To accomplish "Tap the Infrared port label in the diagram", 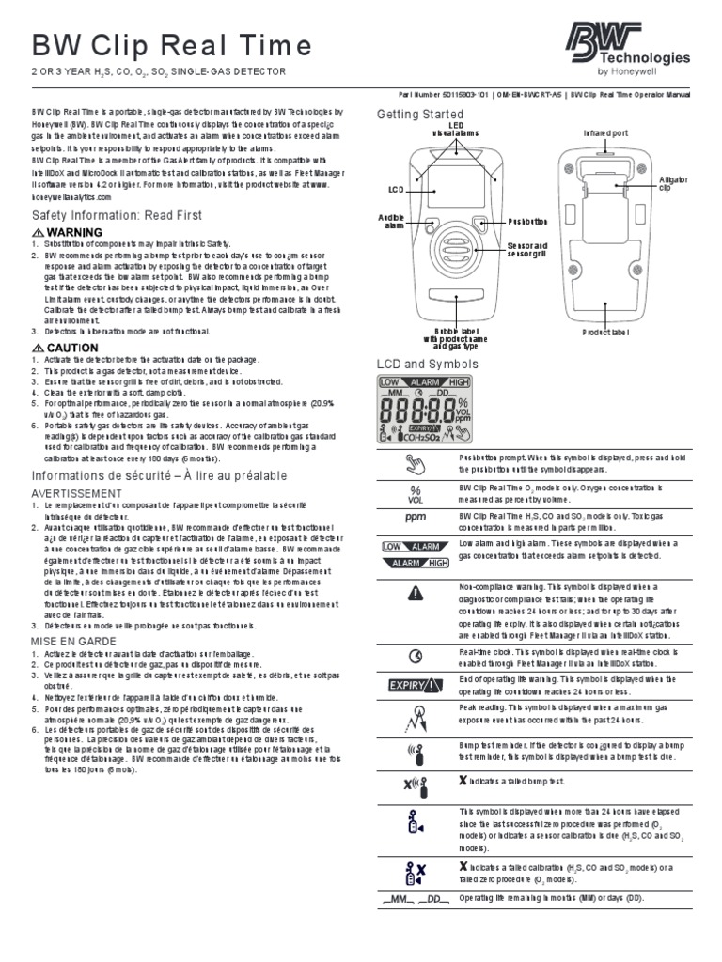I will click(605, 133).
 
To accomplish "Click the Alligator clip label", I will click(673, 183).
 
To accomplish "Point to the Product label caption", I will click(605, 333).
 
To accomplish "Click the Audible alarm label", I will click(391, 222).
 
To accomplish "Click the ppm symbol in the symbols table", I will click(415, 517).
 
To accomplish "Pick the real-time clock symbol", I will click(415, 655).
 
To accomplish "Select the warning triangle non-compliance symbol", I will click(415, 593).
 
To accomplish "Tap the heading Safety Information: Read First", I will click(118, 215).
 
